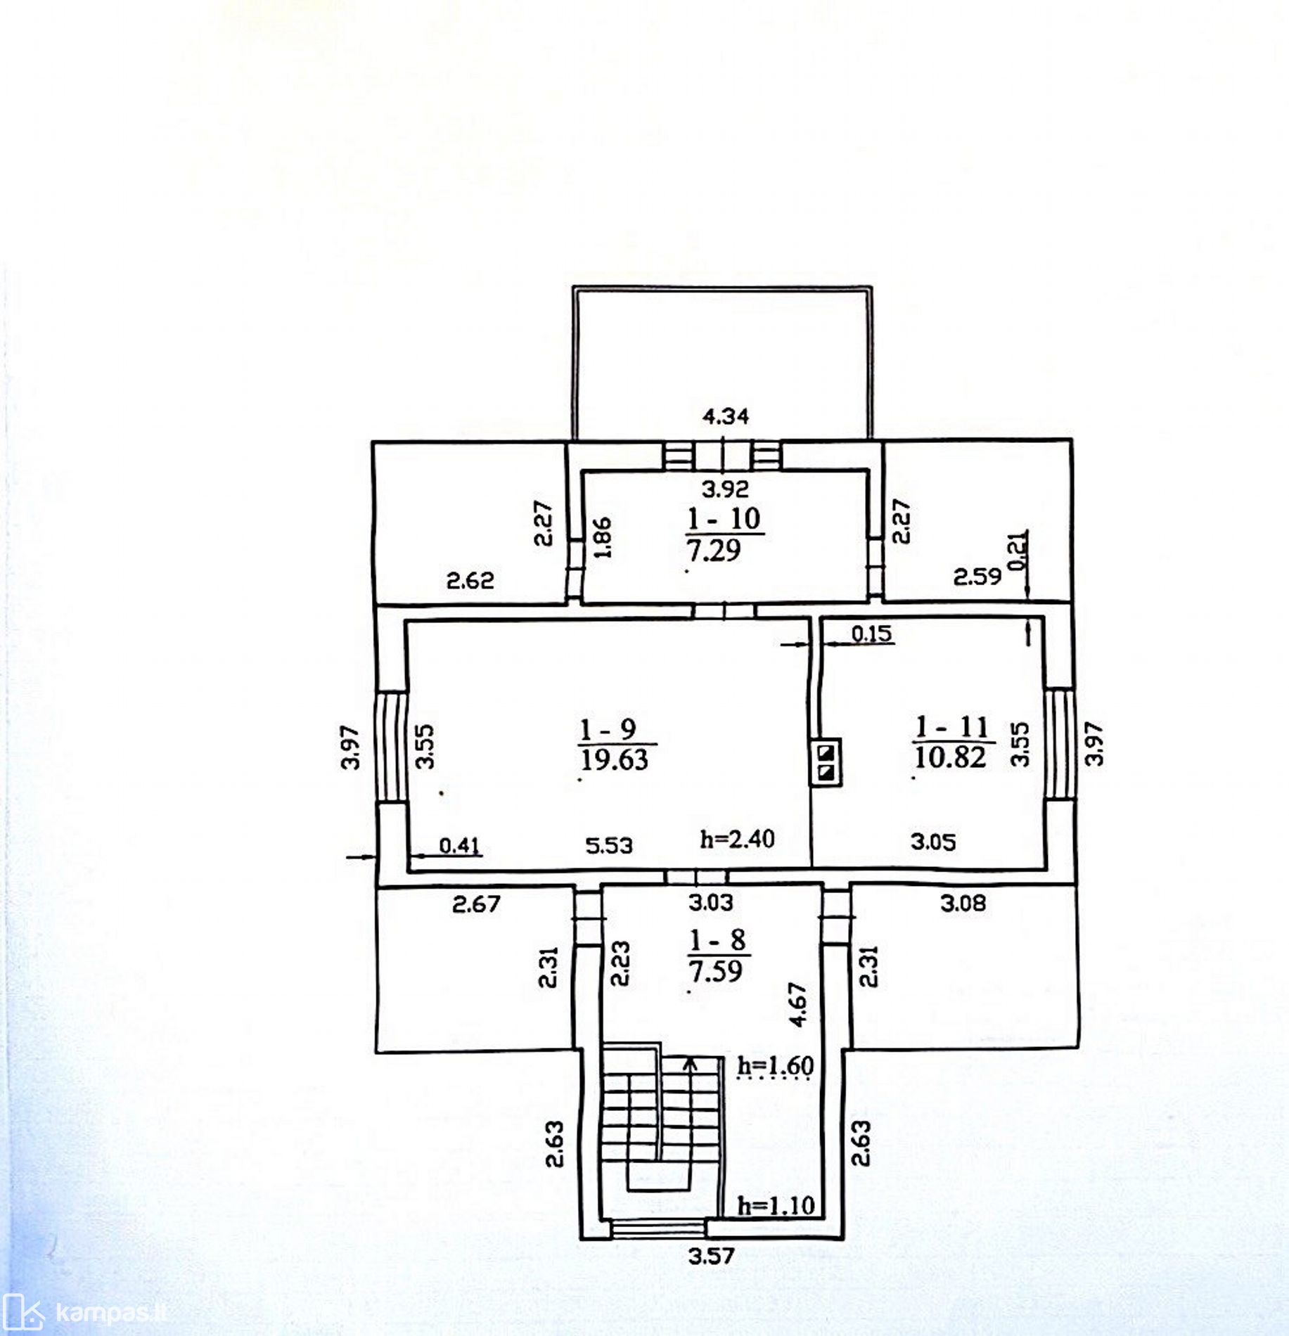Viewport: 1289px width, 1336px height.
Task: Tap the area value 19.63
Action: pyautogui.click(x=614, y=759)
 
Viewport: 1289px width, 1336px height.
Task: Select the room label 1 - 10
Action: pyautogui.click(x=724, y=519)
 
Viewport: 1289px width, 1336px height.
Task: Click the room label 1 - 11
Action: pyautogui.click(x=951, y=726)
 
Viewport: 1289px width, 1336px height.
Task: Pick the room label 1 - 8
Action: pyautogui.click(x=717, y=939)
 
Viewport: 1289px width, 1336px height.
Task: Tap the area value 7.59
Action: pyautogui.click(x=715, y=971)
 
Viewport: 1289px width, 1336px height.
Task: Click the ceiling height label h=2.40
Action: pyautogui.click(x=737, y=839)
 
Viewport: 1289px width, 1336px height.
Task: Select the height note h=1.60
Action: pyautogui.click(x=776, y=1067)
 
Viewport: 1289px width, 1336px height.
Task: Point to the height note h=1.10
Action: pyautogui.click(x=776, y=1206)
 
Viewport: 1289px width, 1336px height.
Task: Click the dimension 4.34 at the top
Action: pyautogui.click(x=726, y=416)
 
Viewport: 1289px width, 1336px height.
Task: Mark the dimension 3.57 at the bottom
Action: pyautogui.click(x=711, y=1256)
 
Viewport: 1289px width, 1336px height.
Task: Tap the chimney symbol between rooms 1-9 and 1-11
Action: pyautogui.click(x=826, y=762)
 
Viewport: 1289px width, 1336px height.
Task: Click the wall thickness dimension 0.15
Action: pyautogui.click(x=871, y=634)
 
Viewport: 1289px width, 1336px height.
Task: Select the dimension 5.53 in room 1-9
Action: pyautogui.click(x=609, y=844)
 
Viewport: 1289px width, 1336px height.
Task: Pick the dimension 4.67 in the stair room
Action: pyautogui.click(x=798, y=1006)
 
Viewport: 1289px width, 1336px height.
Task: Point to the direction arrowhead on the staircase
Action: pyautogui.click(x=691, y=1062)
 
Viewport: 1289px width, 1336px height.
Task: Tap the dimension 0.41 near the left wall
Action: pyautogui.click(x=460, y=845)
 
